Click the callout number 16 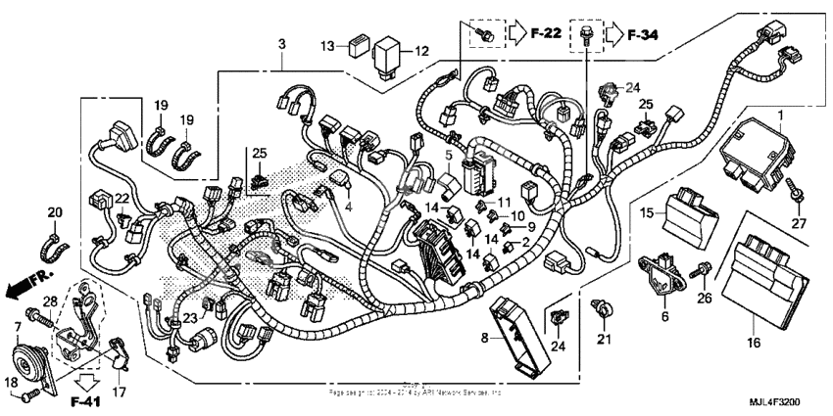coord(752,344)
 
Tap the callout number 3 coord(282,45)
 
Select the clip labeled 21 coord(604,311)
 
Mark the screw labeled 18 coord(29,393)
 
